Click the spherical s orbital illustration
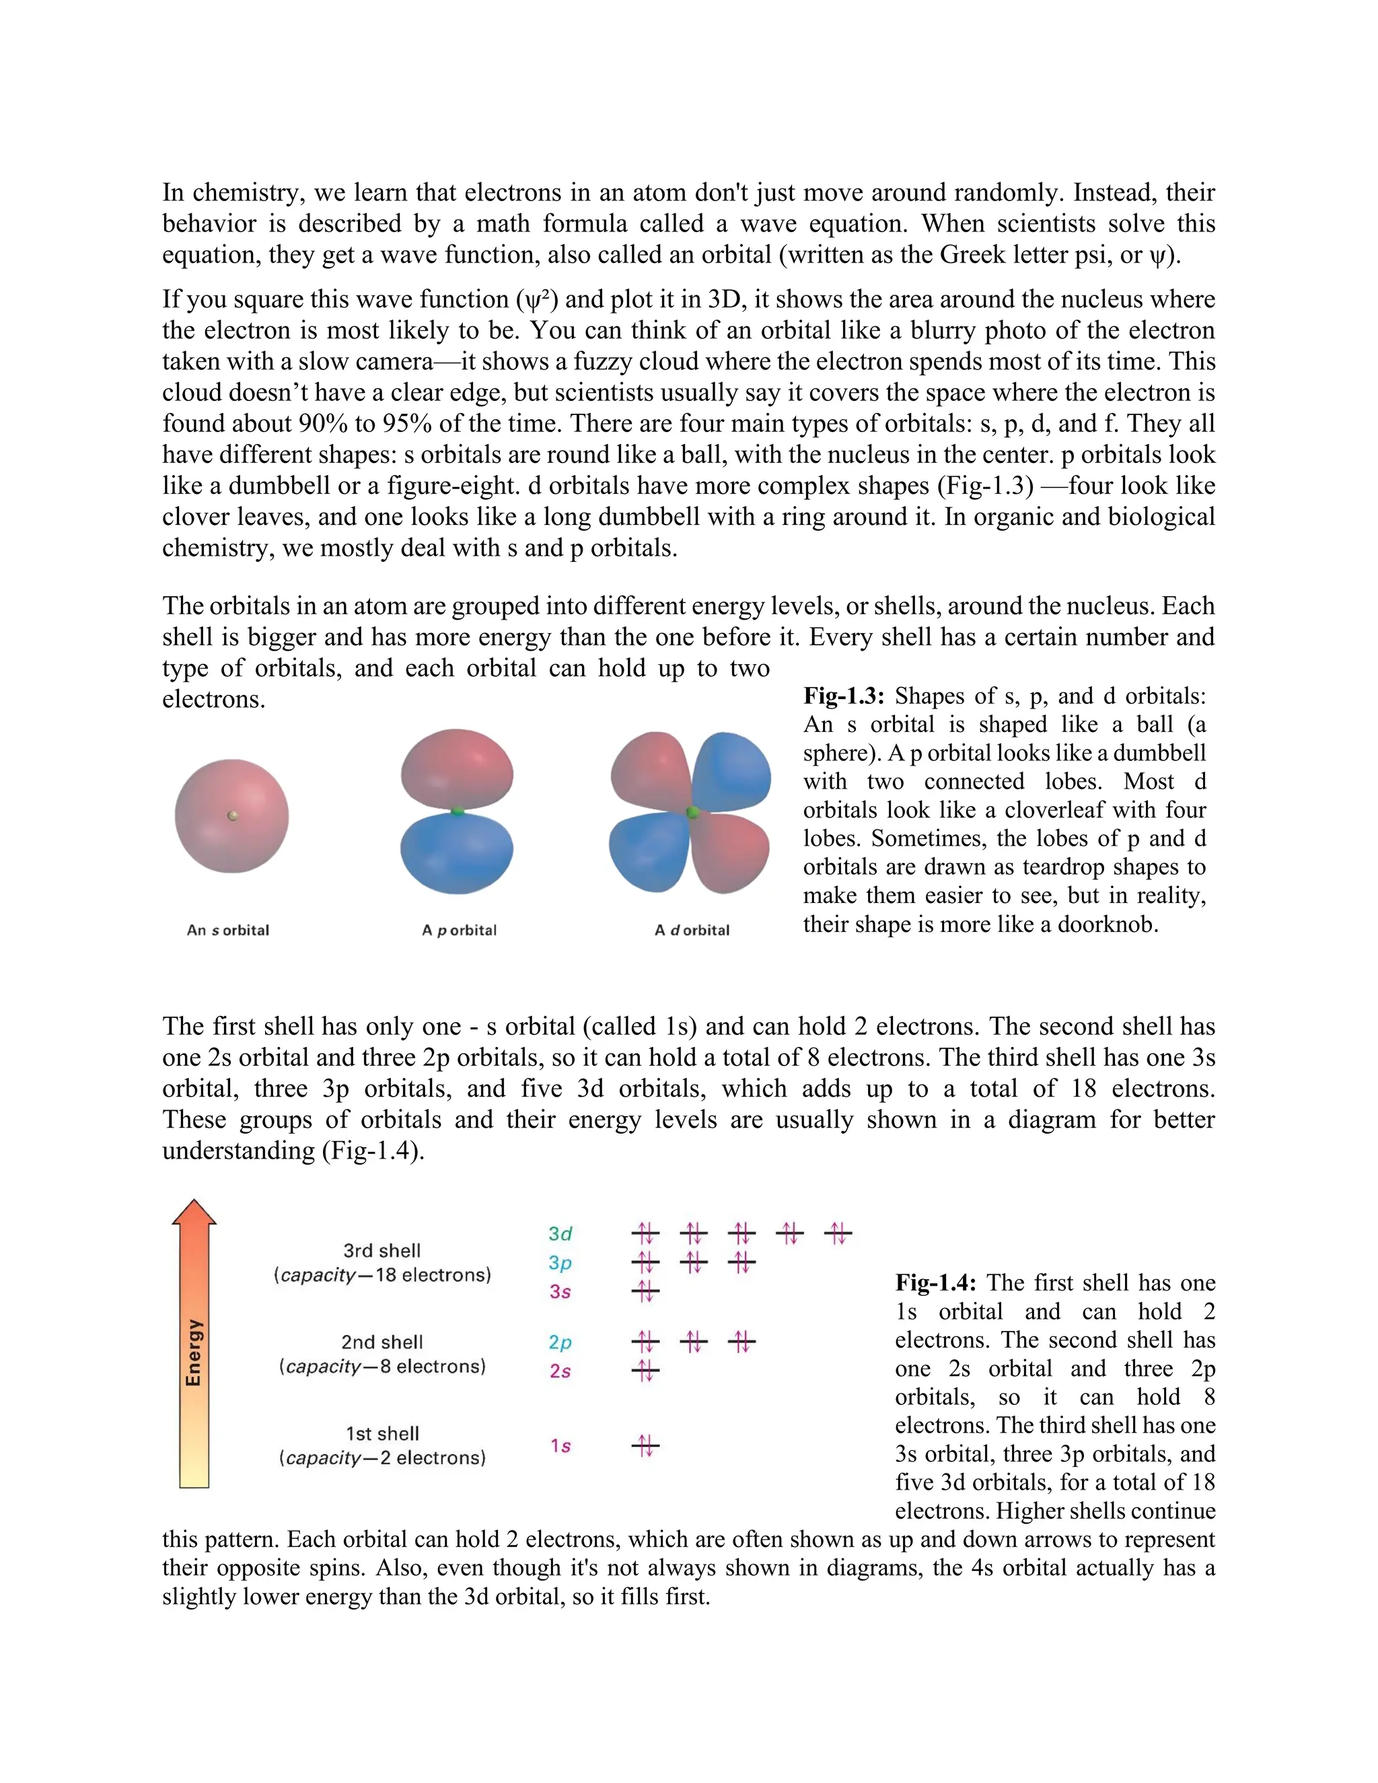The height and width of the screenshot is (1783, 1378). click(x=232, y=815)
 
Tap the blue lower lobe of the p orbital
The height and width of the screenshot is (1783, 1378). click(x=457, y=852)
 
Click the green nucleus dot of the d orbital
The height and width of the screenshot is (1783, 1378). click(x=692, y=812)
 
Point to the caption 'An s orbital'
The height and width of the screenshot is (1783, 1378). click(x=228, y=930)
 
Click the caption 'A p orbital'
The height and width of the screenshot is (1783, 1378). click(x=459, y=930)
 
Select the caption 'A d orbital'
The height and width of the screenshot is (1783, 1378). click(x=692, y=930)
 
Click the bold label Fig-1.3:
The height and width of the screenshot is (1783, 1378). click(x=843, y=696)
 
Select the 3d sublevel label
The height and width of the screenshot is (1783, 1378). click(x=560, y=1235)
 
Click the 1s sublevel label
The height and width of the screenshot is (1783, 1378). click(x=560, y=1446)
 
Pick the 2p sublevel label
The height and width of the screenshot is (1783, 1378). click(x=560, y=1342)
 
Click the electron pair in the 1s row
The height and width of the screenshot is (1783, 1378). click(x=645, y=1446)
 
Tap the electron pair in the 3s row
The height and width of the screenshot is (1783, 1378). click(x=645, y=1292)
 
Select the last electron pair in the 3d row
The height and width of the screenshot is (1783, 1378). click(x=838, y=1233)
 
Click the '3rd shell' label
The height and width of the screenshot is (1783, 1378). click(x=382, y=1251)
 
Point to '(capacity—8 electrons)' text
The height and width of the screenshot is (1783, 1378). click(x=382, y=1367)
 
